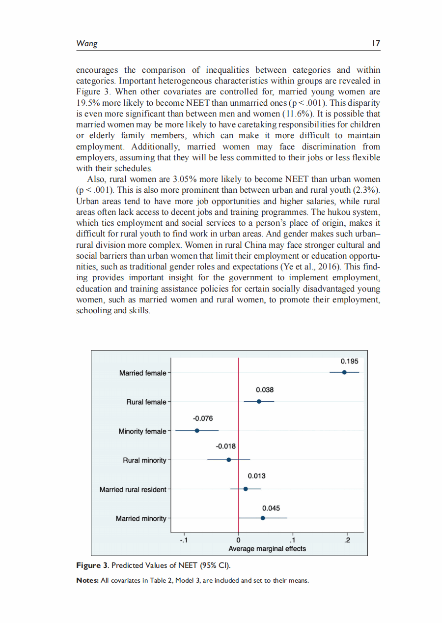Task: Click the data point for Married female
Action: click(344, 372)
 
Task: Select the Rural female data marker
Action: click(259, 401)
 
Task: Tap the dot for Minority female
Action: click(197, 430)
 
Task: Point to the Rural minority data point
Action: click(228, 460)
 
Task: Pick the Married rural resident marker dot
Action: click(246, 489)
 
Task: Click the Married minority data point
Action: click(263, 518)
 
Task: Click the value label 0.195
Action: click(349, 361)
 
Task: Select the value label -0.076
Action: click(203, 418)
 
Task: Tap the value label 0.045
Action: click(271, 508)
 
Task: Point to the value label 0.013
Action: click(256, 476)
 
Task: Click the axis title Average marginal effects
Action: click(267, 549)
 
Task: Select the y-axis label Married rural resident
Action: click(133, 490)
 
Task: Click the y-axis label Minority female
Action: click(142, 431)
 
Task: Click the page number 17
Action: click(376, 44)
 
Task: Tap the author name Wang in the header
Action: click(86, 44)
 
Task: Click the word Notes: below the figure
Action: click(87, 581)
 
